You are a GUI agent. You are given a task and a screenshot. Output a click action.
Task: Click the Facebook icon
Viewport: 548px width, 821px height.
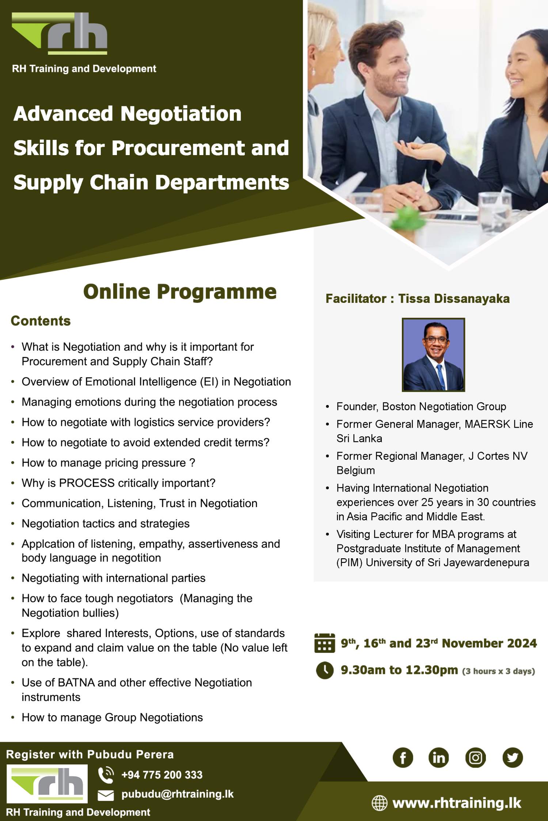pyautogui.click(x=403, y=758)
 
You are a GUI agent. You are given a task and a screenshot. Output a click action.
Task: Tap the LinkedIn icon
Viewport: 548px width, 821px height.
pyautogui.click(x=438, y=758)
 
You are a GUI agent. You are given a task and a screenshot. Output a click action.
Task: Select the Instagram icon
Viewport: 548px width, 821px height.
pyautogui.click(x=475, y=758)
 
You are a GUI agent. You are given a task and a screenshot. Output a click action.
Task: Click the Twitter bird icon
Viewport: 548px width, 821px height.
pyautogui.click(x=513, y=758)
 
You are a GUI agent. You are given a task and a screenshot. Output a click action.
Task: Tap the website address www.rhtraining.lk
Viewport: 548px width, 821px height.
pyautogui.click(x=457, y=803)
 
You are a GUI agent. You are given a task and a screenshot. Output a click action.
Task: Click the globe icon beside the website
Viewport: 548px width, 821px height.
pyautogui.click(x=379, y=803)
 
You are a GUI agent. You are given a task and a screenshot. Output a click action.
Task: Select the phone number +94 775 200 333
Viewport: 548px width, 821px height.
pyautogui.click(x=161, y=775)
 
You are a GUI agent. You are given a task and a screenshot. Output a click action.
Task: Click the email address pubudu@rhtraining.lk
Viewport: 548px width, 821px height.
pyautogui.click(x=177, y=794)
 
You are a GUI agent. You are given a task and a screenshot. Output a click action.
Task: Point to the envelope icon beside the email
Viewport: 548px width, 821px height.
pyautogui.click(x=106, y=795)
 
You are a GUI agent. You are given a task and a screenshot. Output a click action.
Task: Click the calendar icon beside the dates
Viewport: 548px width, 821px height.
pyautogui.click(x=324, y=643)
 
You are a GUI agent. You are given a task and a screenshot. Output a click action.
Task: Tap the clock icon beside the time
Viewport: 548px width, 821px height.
pyautogui.click(x=324, y=670)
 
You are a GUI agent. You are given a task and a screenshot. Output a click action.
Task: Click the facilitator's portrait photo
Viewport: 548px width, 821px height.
pyautogui.click(x=433, y=355)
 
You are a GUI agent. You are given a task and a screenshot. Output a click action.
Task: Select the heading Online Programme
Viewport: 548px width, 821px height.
pyautogui.click(x=180, y=292)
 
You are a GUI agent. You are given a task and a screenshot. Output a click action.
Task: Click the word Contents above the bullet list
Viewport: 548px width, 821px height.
pyautogui.click(x=41, y=321)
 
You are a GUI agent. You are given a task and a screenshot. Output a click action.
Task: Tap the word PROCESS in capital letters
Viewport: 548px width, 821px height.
pyautogui.click(x=87, y=483)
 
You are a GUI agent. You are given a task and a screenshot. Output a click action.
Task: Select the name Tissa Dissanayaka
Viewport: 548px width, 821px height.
pyautogui.click(x=454, y=298)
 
